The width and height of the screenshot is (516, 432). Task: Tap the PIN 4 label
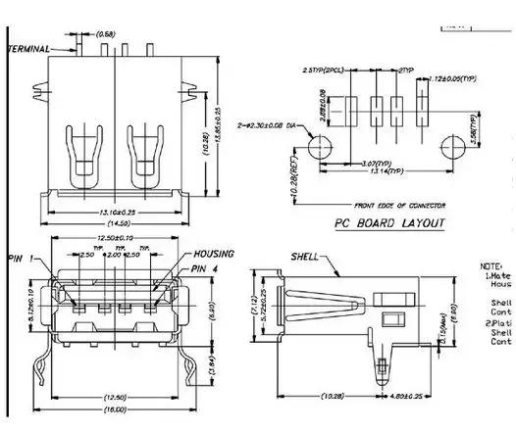click(212, 267)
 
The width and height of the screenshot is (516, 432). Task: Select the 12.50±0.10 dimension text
click(116, 238)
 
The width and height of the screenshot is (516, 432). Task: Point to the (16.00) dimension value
click(116, 408)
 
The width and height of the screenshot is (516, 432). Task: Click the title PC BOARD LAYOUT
click(389, 223)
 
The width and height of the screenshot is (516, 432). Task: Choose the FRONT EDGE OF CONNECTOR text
click(401, 205)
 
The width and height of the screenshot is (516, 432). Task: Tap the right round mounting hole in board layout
click(453, 147)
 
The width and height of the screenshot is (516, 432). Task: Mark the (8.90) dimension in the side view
click(454, 314)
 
